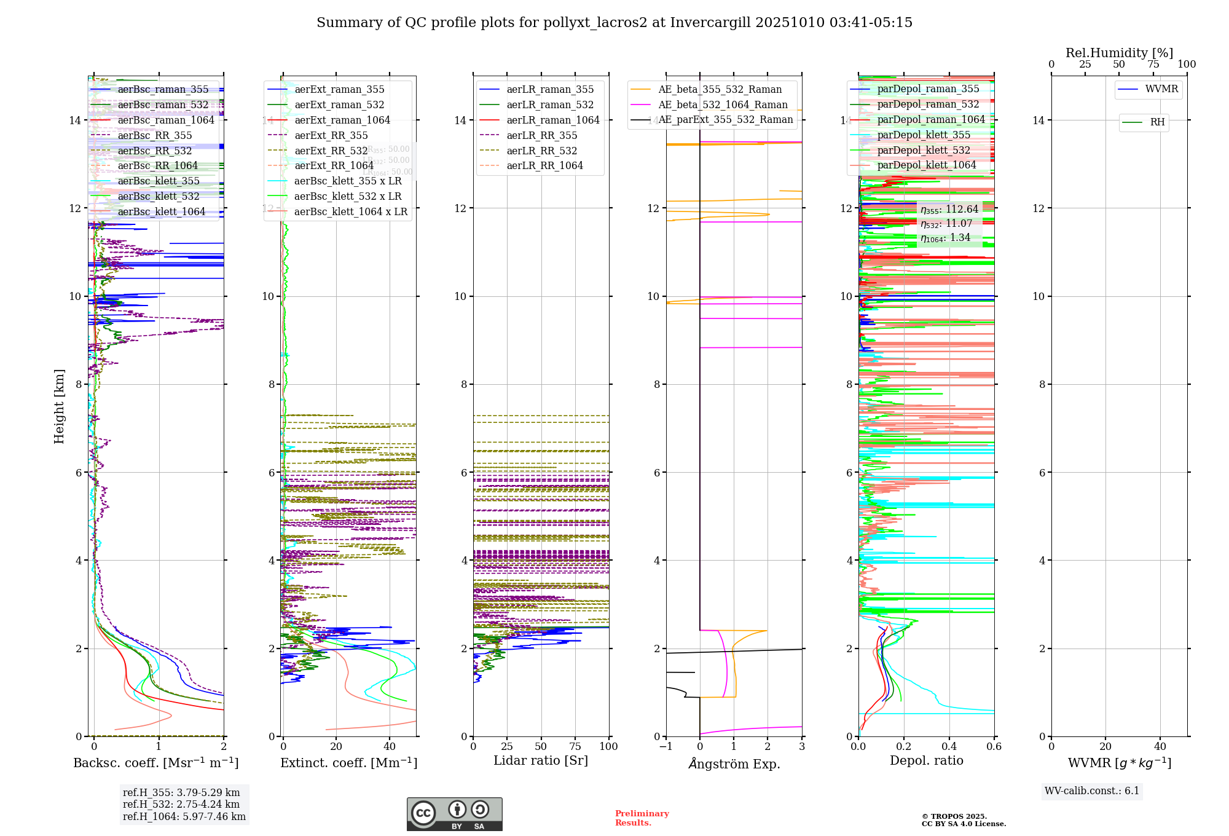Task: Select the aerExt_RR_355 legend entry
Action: (x=331, y=135)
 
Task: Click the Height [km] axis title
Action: (x=59, y=406)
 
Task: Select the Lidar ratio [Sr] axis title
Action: (x=541, y=760)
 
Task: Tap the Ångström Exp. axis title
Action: (x=734, y=763)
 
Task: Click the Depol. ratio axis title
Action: (x=926, y=760)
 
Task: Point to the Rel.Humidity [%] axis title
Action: (x=1119, y=53)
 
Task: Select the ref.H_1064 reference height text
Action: (x=184, y=816)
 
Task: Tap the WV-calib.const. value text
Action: (x=1091, y=791)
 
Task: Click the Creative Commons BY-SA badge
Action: (x=454, y=814)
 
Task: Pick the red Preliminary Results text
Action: (x=642, y=818)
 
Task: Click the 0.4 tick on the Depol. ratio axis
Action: (x=949, y=746)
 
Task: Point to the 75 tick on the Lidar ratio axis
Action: (x=575, y=746)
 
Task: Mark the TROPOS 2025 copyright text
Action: (x=963, y=820)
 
